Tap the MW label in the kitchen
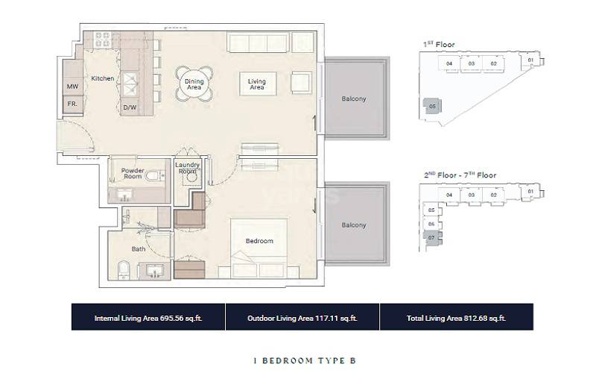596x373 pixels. click(72, 87)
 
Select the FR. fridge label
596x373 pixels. click(72, 104)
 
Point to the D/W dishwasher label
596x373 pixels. click(130, 107)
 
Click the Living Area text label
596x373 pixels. click(256, 84)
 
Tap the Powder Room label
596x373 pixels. click(133, 173)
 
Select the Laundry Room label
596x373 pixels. click(186, 168)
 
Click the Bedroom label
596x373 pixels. click(260, 241)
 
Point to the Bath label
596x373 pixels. click(139, 248)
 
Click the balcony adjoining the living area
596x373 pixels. click(354, 98)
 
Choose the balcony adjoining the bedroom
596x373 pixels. click(354, 225)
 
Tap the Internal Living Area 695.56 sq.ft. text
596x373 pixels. click(148, 318)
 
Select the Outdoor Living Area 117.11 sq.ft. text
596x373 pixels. click(302, 318)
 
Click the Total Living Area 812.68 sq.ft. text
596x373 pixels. click(457, 318)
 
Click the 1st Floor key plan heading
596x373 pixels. click(439, 45)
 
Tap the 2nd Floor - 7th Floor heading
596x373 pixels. click(460, 175)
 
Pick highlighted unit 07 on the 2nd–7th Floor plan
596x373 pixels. click(431, 237)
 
